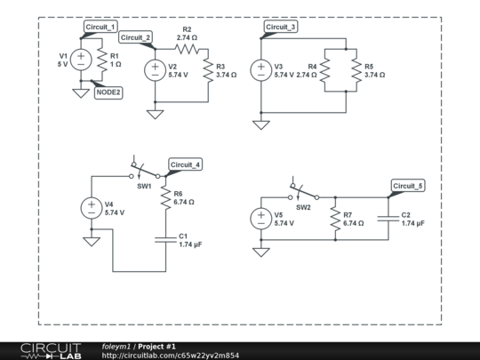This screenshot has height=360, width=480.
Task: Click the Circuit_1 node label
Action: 100,28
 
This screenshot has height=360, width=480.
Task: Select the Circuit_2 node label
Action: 136,37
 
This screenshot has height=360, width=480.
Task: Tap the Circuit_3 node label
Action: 281,28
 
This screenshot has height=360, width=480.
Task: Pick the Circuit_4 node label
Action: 186,165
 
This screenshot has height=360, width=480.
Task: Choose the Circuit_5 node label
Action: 408,186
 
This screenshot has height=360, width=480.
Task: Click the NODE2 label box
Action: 108,92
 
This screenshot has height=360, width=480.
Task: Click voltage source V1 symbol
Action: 81,60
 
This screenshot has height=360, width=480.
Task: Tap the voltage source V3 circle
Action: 261,70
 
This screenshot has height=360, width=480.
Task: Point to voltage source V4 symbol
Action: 92,208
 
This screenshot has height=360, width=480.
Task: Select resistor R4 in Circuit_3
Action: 324,70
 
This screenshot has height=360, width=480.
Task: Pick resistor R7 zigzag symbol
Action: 335,219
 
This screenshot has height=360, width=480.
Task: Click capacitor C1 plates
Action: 165,239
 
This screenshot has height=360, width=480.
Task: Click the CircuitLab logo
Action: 51,350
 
